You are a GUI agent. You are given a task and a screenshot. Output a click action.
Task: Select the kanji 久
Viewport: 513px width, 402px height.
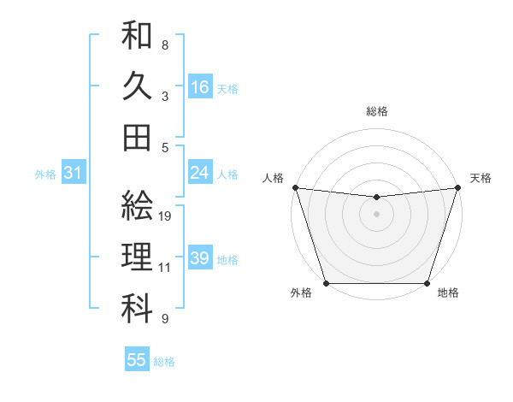tap(138, 86)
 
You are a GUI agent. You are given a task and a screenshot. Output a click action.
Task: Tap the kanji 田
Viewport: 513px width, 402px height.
tap(138, 137)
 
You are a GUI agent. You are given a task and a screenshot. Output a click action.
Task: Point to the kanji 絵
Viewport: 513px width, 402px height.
tap(138, 205)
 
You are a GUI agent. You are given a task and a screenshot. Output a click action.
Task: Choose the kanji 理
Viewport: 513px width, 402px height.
tap(138, 257)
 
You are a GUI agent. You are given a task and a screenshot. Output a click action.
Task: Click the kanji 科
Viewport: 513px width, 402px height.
tap(138, 310)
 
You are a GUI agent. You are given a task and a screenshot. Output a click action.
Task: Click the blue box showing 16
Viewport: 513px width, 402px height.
tap(200, 86)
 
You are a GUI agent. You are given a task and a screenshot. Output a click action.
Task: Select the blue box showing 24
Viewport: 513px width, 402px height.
tap(200, 173)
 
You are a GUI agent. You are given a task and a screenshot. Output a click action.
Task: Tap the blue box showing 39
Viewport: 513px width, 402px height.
tap(200, 258)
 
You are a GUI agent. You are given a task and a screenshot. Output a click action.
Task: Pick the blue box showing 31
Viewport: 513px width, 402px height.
tap(73, 173)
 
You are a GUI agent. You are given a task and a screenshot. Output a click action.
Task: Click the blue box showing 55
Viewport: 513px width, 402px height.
tap(137, 360)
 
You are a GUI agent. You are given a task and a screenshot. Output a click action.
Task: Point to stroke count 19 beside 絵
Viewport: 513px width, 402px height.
tap(166, 216)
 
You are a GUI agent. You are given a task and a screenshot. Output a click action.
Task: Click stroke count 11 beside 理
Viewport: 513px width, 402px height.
tap(165, 268)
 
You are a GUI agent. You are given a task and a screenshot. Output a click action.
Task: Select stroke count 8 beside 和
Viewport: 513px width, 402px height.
tap(165, 45)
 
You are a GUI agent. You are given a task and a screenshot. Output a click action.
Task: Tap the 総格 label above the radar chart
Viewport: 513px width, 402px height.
tap(377, 111)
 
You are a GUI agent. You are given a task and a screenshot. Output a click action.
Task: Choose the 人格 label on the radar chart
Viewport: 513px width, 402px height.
tap(274, 178)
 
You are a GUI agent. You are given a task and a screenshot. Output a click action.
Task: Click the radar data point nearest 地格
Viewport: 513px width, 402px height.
tap(427, 283)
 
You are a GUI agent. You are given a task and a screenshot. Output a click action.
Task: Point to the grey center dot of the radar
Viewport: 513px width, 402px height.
tap(376, 214)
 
